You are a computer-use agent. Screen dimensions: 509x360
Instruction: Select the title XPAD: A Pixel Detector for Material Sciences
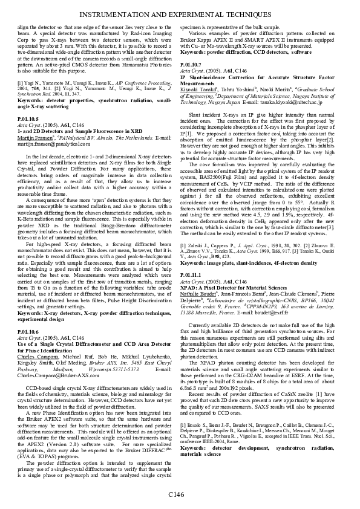239,286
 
